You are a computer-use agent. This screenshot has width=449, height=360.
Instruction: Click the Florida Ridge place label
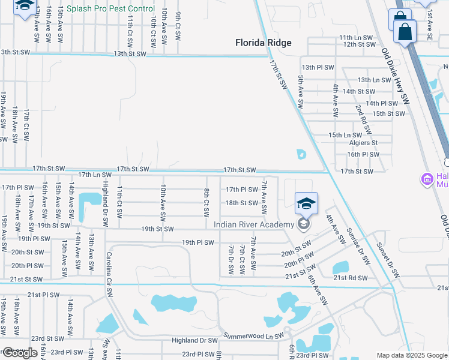[x=263, y=43]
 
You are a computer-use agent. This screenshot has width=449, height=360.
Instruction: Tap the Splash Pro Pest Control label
[x=110, y=9]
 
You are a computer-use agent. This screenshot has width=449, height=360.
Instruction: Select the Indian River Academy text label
[x=255, y=224]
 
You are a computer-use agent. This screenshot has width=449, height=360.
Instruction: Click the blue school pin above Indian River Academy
[x=306, y=205]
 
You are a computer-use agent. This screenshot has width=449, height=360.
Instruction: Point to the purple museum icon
[x=427, y=179]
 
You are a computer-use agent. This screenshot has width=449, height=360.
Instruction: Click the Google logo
[x=20, y=353]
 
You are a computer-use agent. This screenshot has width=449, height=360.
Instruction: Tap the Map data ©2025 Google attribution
[x=412, y=355]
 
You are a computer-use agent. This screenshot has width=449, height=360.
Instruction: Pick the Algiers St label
[x=363, y=143]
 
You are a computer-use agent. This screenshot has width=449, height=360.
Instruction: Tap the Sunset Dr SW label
[x=388, y=259]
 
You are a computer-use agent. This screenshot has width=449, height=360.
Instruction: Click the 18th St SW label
[x=241, y=203]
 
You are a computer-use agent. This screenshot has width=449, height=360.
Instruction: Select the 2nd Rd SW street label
[x=364, y=119]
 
